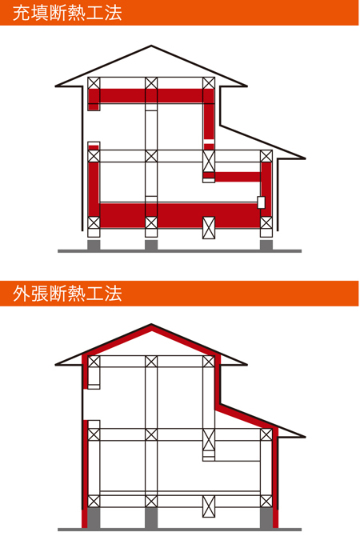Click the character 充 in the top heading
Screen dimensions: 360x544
[21, 13]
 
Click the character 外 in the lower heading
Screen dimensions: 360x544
[21, 294]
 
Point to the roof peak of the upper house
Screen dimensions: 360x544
[151, 46]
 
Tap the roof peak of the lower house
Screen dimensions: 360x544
[151, 325]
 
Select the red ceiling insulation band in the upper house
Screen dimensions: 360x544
[151, 96]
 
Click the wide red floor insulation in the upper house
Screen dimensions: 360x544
[180, 215]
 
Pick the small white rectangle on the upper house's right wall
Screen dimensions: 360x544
[261, 202]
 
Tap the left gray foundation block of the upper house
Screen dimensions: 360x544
[94, 245]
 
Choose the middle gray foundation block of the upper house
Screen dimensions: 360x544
[151, 245]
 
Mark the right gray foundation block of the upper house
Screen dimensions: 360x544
[266, 245]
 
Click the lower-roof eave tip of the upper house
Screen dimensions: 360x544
[305, 158]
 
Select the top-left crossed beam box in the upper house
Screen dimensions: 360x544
[94, 83]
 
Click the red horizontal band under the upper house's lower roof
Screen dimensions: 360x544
[238, 177]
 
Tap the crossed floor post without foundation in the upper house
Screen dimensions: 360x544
[209, 227]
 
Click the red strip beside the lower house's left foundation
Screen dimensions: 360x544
[84, 519]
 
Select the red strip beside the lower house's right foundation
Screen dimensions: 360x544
[275, 519]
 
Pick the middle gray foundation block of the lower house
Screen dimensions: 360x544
[151, 518]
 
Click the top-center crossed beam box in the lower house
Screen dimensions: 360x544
[151, 362]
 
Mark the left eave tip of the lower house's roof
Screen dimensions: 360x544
[56, 365]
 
